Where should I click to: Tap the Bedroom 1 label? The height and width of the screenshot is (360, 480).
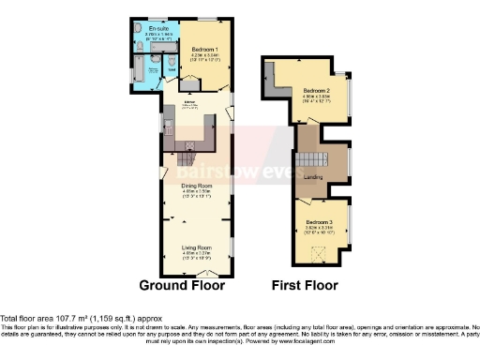(x=204, y=49)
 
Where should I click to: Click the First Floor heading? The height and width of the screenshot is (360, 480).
(x=305, y=285)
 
